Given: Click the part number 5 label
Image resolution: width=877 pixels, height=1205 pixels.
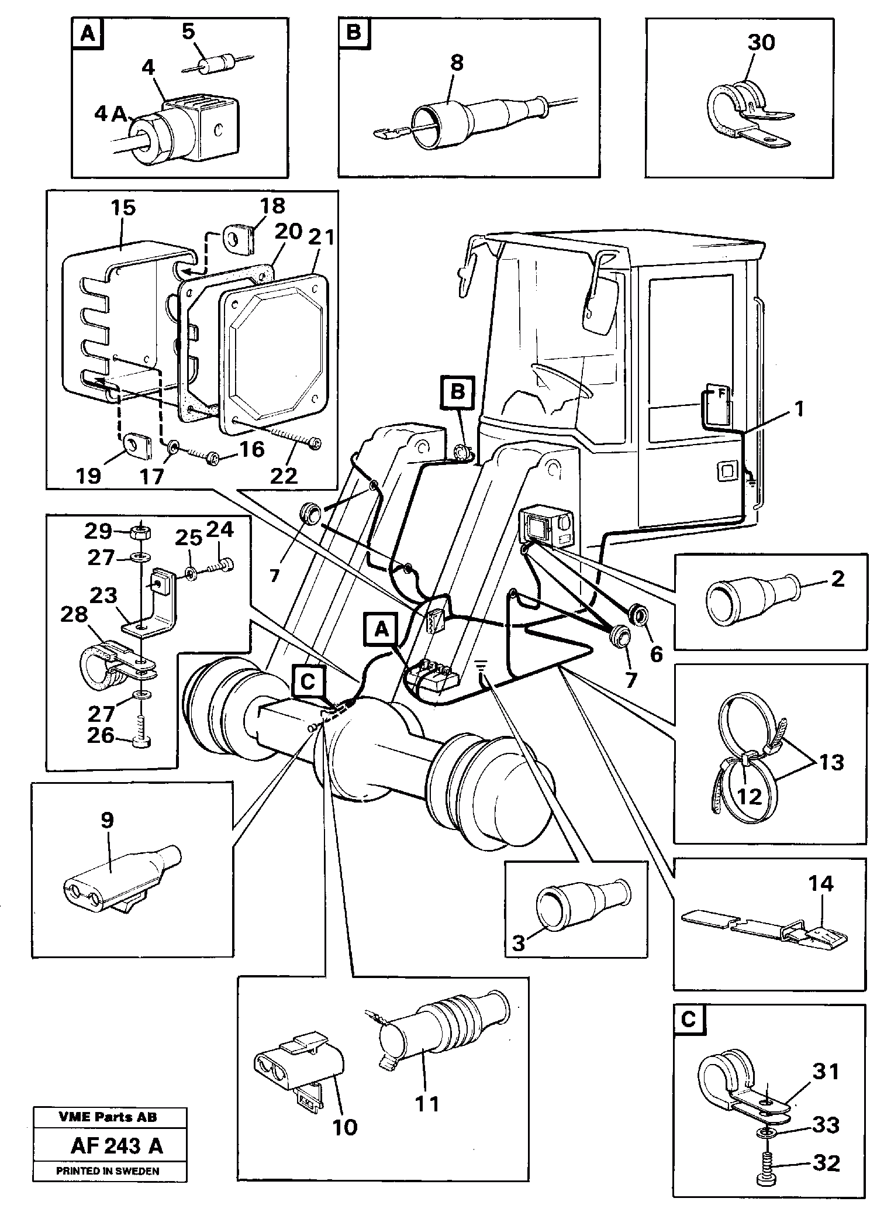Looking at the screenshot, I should point(188,32).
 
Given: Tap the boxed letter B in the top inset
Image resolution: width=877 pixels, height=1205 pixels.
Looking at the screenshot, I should point(354,32).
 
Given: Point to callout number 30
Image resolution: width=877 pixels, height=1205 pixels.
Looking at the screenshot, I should point(761,42).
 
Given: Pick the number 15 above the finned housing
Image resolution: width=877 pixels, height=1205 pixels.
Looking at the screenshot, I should point(123,207).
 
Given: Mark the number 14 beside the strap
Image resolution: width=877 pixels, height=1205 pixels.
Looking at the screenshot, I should point(820,883).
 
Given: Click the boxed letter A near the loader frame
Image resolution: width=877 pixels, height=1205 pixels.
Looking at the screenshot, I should point(381,629).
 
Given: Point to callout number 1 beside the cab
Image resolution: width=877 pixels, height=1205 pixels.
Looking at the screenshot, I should point(799,408).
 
